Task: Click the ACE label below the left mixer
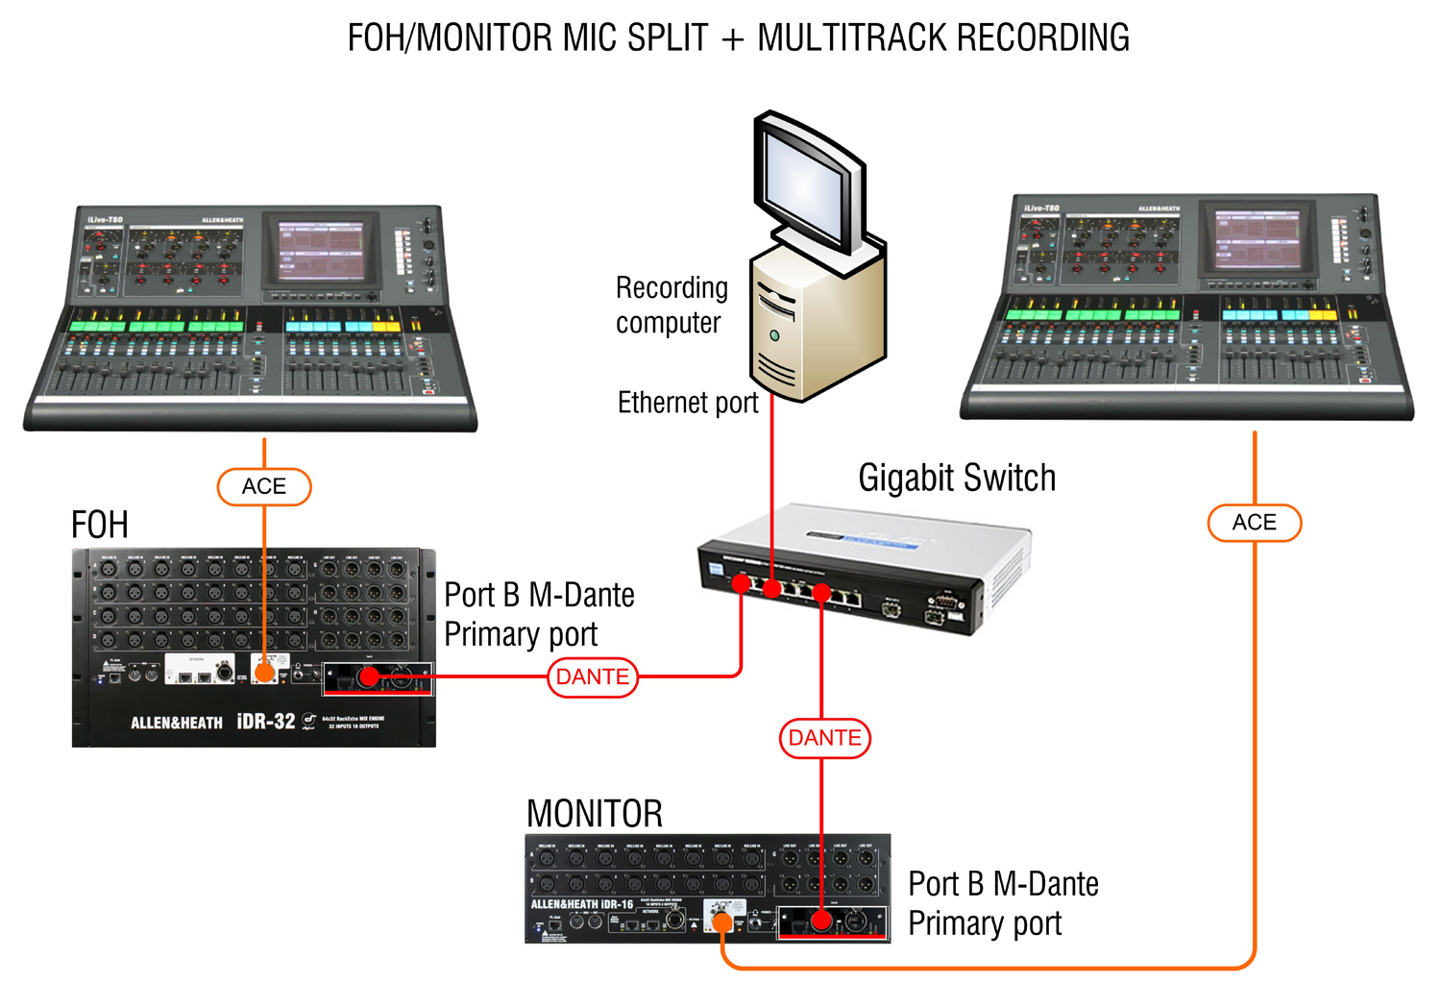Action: (x=264, y=486)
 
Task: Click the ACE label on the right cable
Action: (x=1254, y=523)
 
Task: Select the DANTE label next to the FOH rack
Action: (x=593, y=676)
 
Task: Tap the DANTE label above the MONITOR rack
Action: (x=824, y=738)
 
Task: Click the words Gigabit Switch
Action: (x=957, y=478)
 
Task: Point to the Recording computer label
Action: (x=672, y=305)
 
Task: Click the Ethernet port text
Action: (x=688, y=403)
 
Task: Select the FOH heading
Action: (x=100, y=525)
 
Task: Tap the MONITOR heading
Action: (x=595, y=814)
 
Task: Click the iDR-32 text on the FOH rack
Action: (x=266, y=721)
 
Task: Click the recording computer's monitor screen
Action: (x=804, y=187)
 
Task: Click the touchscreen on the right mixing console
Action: (x=1258, y=239)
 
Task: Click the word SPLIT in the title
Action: (x=667, y=38)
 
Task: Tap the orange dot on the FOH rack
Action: (x=264, y=675)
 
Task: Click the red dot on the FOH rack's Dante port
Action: (x=367, y=677)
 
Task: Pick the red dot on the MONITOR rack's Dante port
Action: (x=821, y=921)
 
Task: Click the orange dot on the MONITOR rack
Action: (x=722, y=923)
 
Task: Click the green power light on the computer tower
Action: (x=774, y=335)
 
